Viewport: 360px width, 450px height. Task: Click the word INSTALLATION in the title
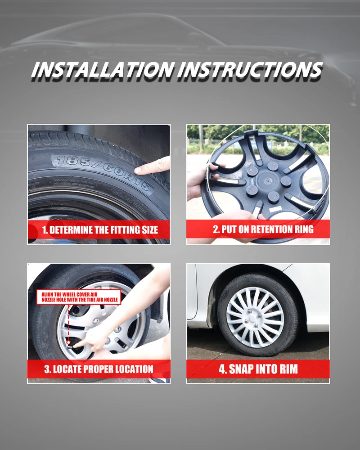(x=103, y=69)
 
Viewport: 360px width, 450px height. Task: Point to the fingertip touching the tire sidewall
(x=137, y=170)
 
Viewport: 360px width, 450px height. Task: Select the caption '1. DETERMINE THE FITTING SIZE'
(x=100, y=230)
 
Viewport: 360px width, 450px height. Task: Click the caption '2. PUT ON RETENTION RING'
(x=263, y=229)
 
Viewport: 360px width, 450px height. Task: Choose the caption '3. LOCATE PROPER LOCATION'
(x=99, y=369)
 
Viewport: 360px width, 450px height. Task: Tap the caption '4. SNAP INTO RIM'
(x=258, y=369)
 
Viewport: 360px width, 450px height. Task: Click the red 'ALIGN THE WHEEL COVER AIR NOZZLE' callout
(x=79, y=297)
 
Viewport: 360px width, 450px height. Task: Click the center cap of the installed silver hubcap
(x=253, y=318)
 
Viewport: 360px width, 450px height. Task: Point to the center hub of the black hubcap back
(x=266, y=181)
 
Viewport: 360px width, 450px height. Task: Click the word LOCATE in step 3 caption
(x=66, y=369)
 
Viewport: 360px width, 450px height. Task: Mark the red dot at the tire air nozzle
(x=68, y=342)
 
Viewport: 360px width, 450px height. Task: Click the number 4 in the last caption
(x=222, y=369)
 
